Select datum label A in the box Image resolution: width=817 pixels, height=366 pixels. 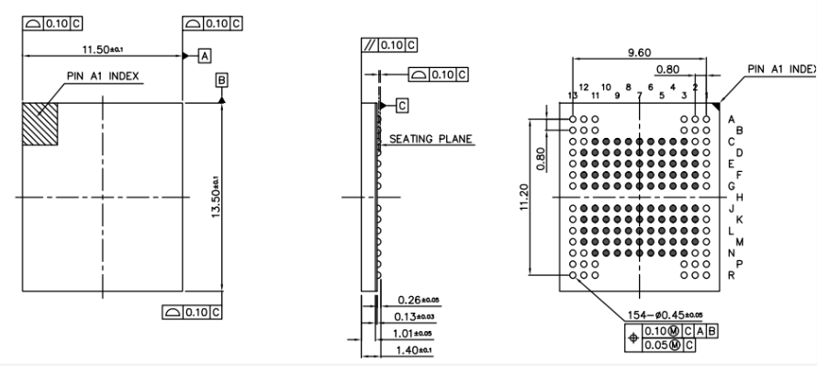point(205,55)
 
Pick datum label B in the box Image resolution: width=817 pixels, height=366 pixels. point(220,80)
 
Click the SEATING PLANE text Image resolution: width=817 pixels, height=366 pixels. point(431,140)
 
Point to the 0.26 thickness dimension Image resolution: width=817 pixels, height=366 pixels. point(420,300)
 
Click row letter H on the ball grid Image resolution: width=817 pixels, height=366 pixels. point(739,197)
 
